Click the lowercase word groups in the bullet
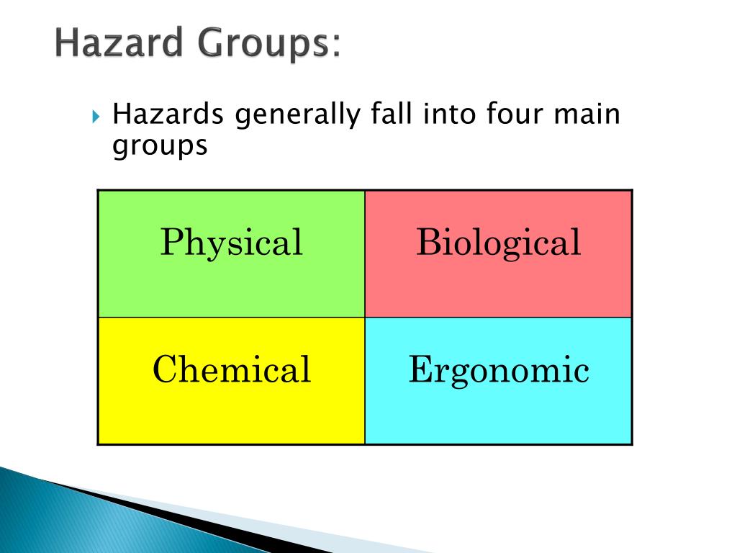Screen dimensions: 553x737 (160, 146)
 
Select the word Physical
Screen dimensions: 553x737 (231, 243)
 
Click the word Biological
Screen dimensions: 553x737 (498, 243)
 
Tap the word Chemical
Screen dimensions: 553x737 (231, 370)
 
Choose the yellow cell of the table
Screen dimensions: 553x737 (231, 414)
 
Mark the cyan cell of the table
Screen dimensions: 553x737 (498, 414)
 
